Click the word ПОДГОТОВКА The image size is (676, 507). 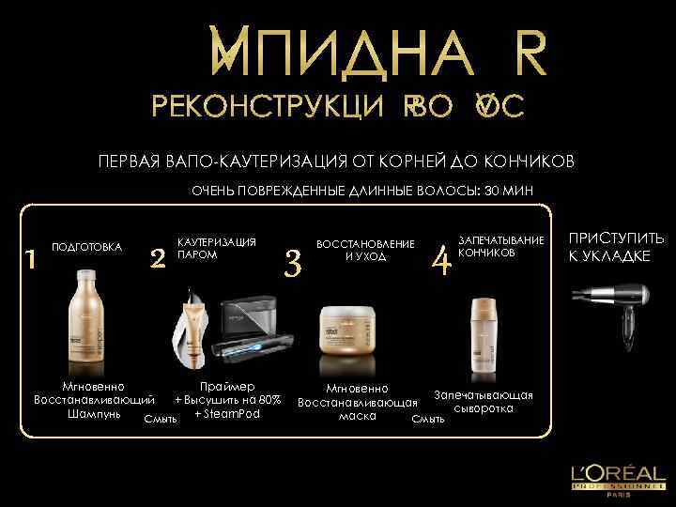click(86, 248)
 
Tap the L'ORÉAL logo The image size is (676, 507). click(613, 475)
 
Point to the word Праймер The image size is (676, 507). click(227, 386)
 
